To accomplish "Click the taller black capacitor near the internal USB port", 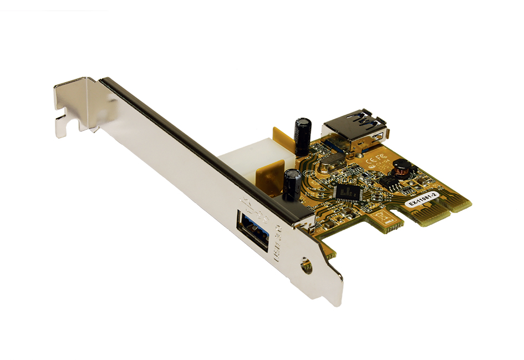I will (303, 135).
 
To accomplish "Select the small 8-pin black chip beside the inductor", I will (391, 186).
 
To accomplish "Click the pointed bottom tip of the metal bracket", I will (333, 303).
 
